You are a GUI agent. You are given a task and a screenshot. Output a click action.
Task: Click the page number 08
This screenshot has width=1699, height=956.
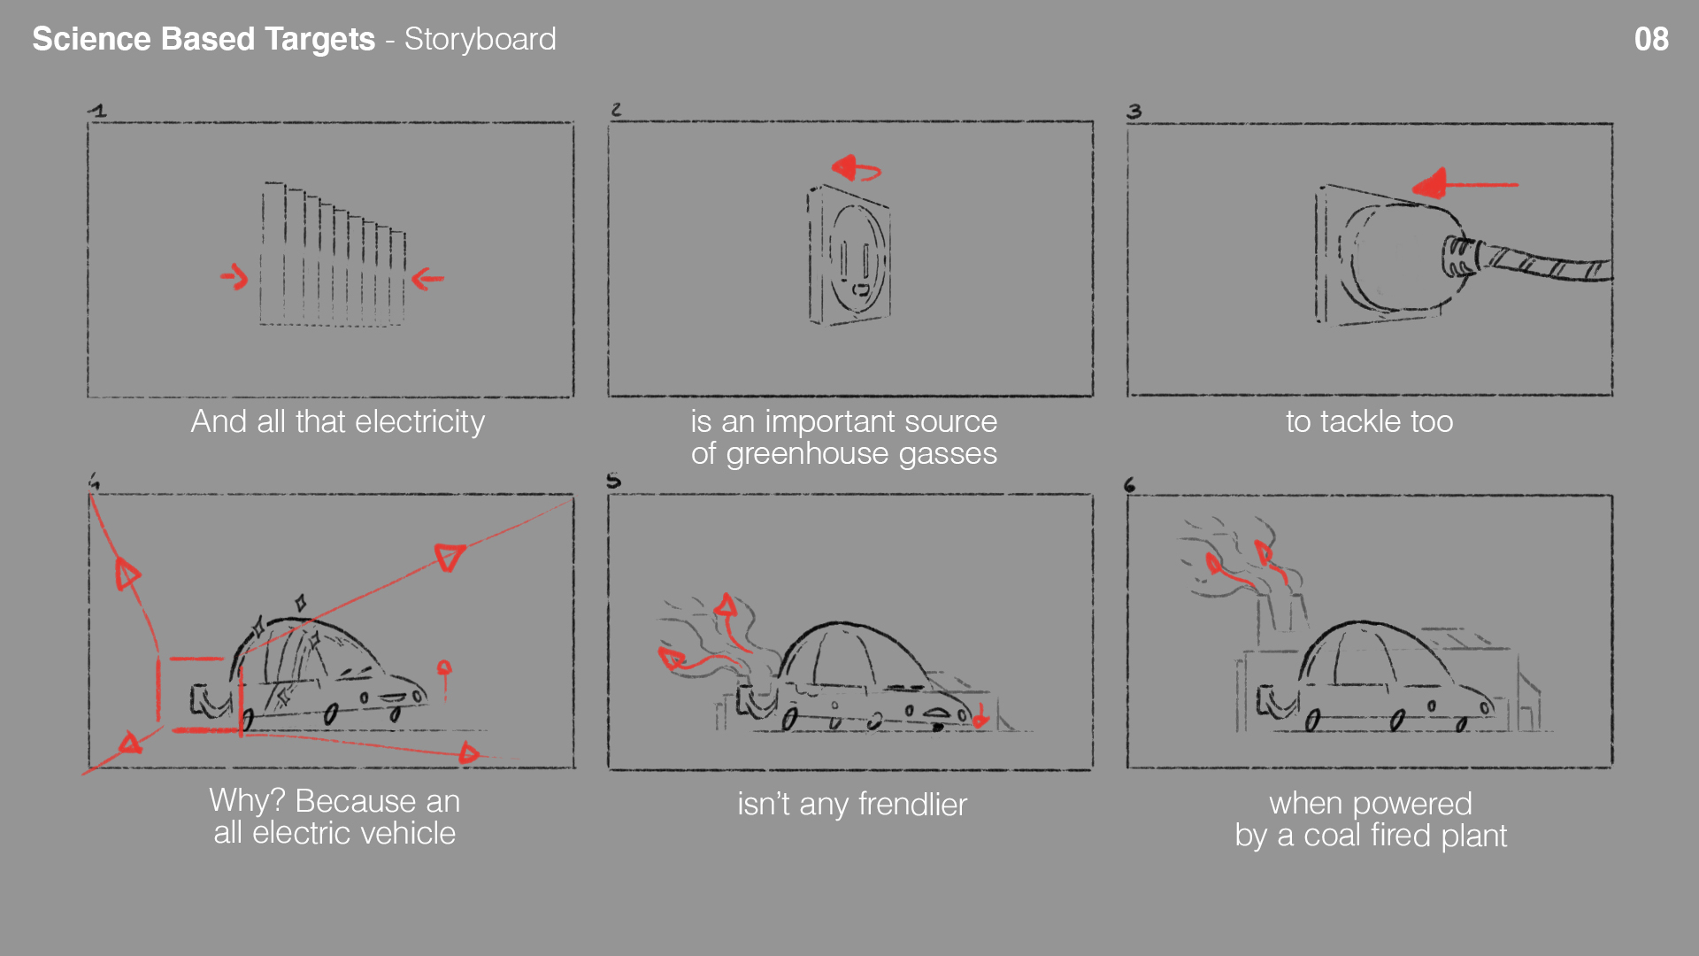tap(1651, 39)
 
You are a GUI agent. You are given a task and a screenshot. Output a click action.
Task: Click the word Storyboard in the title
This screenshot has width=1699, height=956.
tap(480, 40)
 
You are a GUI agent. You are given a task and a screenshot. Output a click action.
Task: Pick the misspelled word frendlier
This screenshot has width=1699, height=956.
tap(912, 805)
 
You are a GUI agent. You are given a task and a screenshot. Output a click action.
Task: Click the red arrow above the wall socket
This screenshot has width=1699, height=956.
tap(857, 167)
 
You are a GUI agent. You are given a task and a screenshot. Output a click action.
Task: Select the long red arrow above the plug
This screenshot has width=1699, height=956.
tap(1465, 184)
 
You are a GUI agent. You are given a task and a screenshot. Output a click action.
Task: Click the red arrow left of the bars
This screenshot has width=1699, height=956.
tap(234, 277)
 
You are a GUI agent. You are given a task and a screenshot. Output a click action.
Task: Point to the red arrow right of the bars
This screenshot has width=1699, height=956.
tap(427, 279)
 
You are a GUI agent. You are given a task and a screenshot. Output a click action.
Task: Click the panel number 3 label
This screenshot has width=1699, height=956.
tap(1134, 112)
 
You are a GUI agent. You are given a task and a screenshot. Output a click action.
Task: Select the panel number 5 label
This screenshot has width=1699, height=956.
tap(613, 481)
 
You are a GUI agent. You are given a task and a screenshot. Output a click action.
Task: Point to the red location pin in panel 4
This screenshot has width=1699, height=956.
tap(444, 678)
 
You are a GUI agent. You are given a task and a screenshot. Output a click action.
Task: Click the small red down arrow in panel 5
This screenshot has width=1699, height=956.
tap(980, 717)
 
